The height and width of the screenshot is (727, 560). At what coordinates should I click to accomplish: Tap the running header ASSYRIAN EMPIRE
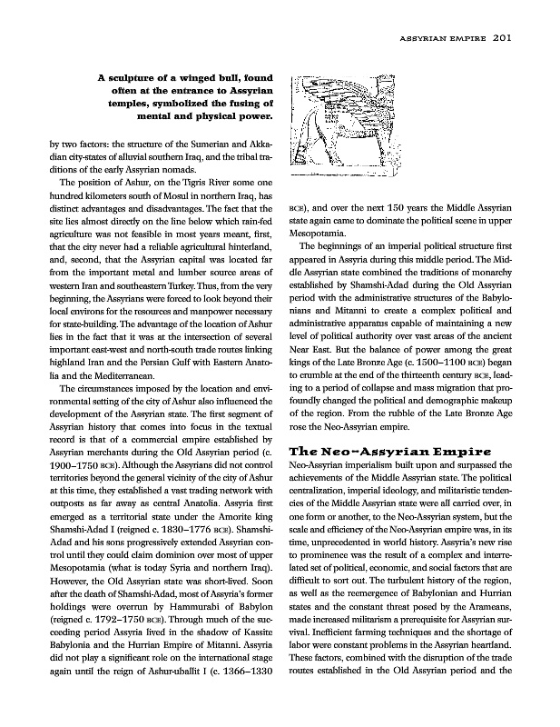click(444, 38)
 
